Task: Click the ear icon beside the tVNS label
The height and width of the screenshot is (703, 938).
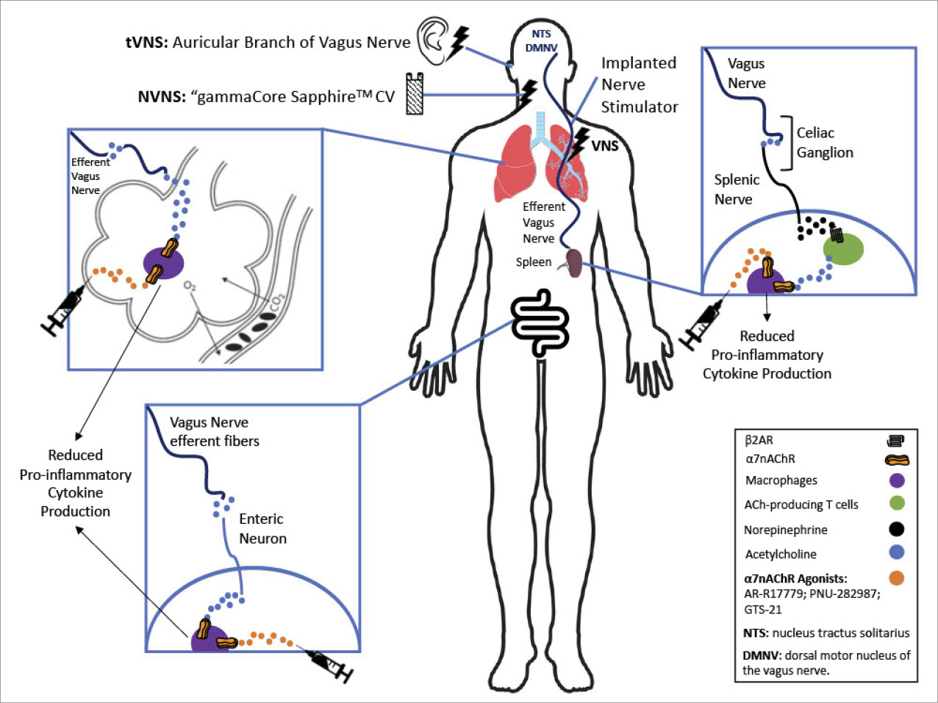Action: point(432,42)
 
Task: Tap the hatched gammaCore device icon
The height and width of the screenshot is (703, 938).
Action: point(416,94)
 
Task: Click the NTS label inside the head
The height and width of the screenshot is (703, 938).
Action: point(542,34)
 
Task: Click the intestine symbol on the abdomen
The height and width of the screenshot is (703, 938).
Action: point(540,322)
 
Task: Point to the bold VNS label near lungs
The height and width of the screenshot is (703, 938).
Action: point(605,145)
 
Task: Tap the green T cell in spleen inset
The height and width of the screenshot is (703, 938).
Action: point(842,249)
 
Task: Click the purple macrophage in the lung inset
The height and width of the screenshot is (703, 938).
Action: point(163,263)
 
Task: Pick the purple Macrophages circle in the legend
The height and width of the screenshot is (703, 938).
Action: point(897,480)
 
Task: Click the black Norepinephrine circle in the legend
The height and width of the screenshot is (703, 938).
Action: point(897,529)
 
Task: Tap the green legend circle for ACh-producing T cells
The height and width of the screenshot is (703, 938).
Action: point(897,504)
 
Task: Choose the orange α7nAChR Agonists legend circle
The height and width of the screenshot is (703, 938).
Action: point(897,578)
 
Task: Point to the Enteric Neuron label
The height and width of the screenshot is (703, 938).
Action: point(262,528)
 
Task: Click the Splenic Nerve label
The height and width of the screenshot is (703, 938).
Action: point(737,189)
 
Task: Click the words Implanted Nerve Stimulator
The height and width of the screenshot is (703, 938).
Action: point(640,84)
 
